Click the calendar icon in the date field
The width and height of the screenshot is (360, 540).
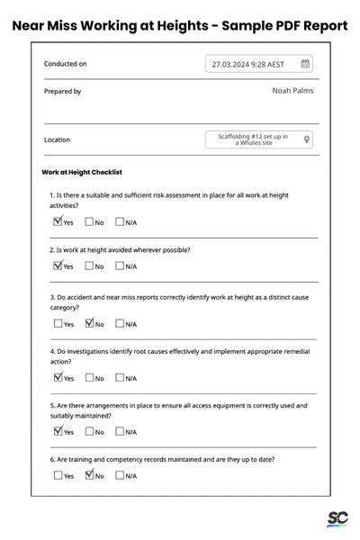coord(305,64)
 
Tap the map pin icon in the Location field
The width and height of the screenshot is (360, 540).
coord(307,139)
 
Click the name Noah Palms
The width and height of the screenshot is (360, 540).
coord(292,91)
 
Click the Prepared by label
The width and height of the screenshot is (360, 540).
coord(62,91)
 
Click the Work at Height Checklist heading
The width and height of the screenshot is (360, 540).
coord(82,172)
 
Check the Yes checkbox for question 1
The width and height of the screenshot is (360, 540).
coord(58,221)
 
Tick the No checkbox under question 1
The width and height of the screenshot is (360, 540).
coord(90,221)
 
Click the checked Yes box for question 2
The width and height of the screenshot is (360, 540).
coord(58,265)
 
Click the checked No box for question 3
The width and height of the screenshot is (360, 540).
coord(90,323)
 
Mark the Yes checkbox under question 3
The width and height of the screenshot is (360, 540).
coord(58,323)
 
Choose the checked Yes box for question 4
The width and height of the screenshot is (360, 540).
coord(58,377)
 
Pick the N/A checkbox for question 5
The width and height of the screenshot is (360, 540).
coord(120,431)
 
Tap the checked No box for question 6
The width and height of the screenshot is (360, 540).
coord(90,475)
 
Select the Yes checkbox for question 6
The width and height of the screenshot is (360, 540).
coord(58,475)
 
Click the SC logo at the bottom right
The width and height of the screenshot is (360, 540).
coord(337,519)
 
